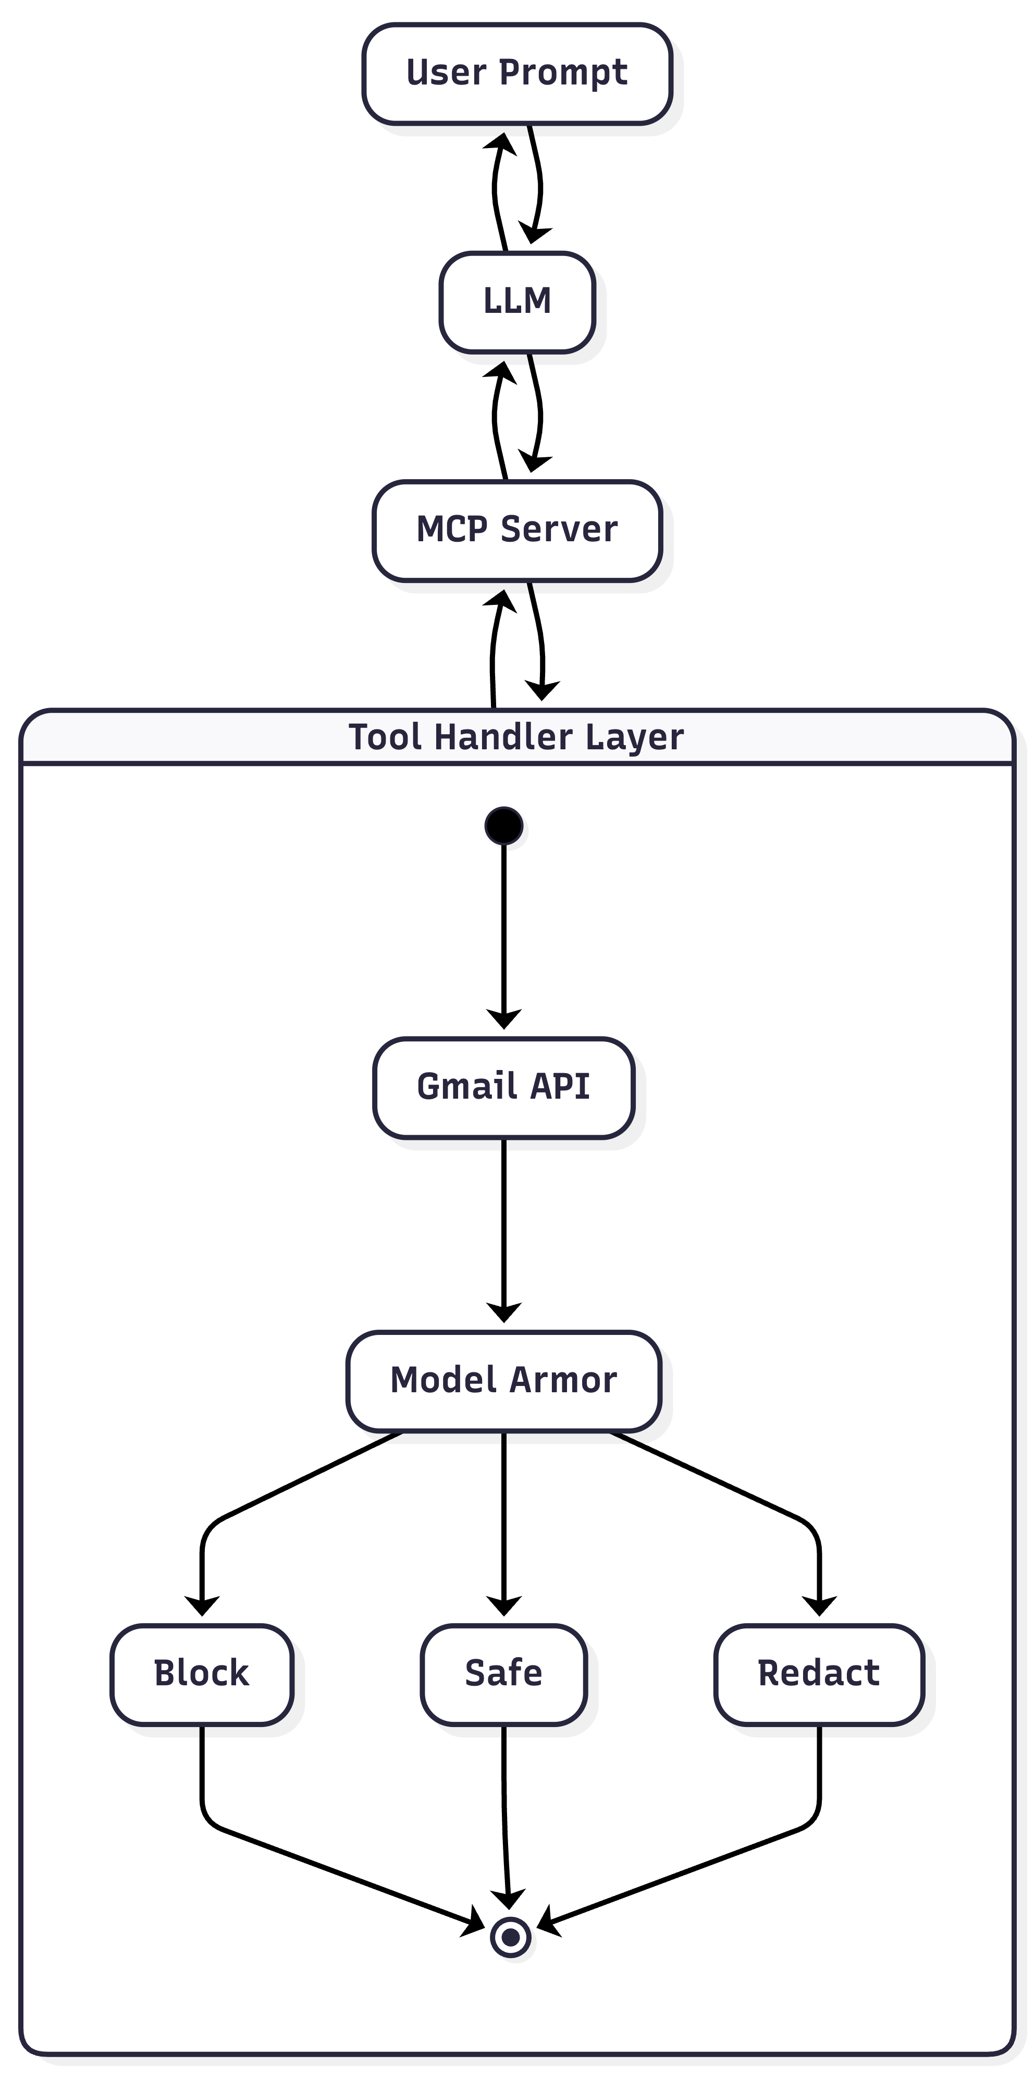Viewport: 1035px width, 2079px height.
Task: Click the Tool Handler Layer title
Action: [516, 737]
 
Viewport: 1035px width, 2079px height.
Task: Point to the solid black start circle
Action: [503, 825]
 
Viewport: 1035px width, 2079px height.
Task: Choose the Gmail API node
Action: [503, 1087]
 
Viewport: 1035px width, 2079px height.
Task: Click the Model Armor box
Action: [503, 1381]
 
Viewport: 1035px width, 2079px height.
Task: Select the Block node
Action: [202, 1674]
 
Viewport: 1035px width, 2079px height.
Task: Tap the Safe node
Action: [503, 1674]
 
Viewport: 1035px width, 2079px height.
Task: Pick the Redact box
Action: [818, 1674]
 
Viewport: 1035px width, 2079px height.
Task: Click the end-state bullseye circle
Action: [510, 1938]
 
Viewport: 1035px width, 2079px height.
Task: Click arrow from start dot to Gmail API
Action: [503, 928]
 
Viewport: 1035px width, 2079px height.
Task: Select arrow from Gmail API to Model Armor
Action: [503, 1227]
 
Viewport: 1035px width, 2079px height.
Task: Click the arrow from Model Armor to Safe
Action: [503, 1517]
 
